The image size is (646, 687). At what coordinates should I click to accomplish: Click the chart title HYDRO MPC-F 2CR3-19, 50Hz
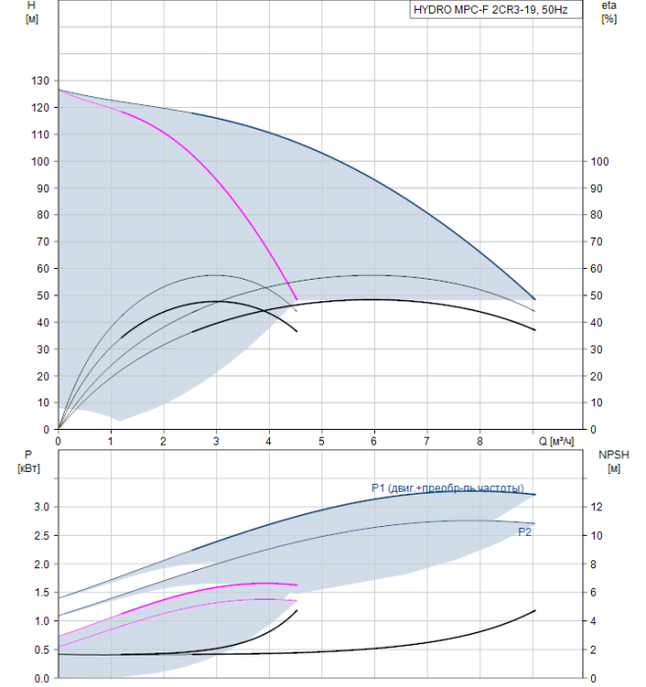[x=491, y=10]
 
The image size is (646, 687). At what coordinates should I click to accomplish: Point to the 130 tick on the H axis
[x=40, y=80]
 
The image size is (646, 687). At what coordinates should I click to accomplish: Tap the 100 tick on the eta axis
[x=600, y=162]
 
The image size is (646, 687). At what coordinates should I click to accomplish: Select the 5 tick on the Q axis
[x=321, y=442]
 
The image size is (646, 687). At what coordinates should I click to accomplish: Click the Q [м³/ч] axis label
[x=556, y=442]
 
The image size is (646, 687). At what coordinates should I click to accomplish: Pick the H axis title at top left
[x=31, y=12]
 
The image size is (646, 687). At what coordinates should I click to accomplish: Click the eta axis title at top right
[x=609, y=12]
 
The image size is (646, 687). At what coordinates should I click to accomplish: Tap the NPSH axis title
[x=614, y=461]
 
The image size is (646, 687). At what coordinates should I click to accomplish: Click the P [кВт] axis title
[x=28, y=461]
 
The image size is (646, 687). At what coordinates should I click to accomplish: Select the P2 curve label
[x=524, y=532]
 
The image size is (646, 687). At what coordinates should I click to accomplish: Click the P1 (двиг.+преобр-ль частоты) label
[x=448, y=488]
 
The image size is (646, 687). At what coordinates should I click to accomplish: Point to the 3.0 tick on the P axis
[x=41, y=507]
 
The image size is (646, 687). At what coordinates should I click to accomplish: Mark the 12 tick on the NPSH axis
[x=596, y=507]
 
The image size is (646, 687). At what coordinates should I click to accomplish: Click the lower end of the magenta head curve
[x=296, y=299]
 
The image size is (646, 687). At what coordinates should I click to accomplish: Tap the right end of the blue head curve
[x=535, y=299]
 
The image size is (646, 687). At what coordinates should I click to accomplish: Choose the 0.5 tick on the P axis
[x=41, y=650]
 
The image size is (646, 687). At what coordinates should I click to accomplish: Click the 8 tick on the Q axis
[x=479, y=442]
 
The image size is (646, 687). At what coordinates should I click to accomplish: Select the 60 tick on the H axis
[x=42, y=269]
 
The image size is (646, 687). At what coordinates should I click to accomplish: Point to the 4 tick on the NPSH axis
[x=593, y=621]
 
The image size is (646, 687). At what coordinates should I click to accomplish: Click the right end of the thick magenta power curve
[x=296, y=585]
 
